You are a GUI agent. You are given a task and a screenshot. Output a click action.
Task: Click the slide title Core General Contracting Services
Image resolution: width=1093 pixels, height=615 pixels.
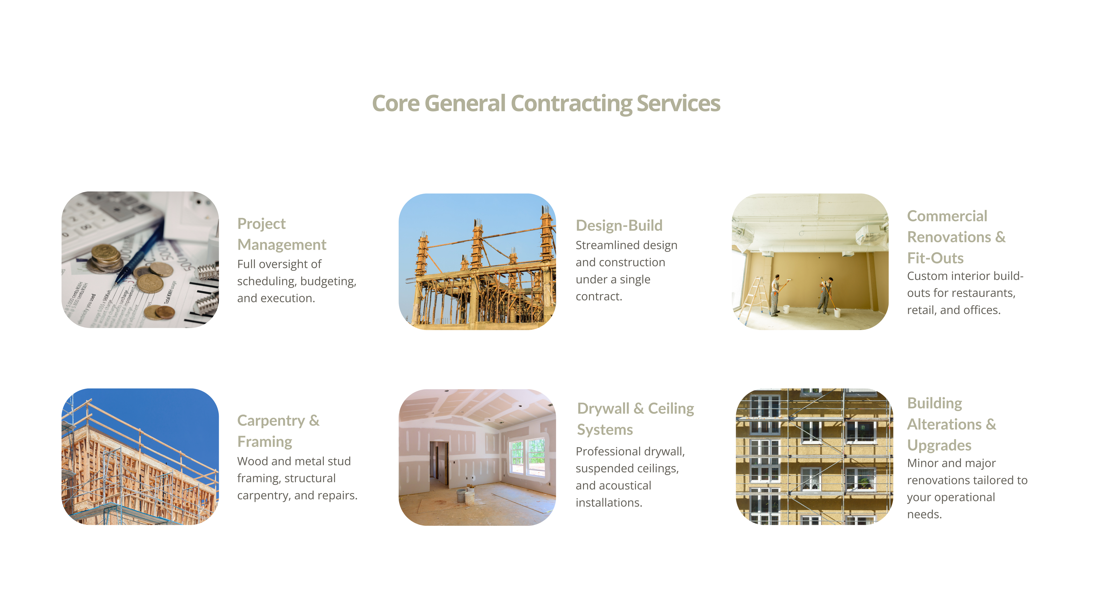(x=546, y=104)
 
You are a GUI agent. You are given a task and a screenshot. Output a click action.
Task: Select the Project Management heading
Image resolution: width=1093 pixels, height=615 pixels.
(x=282, y=234)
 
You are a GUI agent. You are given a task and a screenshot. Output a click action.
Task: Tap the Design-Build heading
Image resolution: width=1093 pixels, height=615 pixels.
(x=619, y=225)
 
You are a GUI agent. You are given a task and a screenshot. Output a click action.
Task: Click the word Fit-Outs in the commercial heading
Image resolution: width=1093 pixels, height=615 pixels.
(x=935, y=258)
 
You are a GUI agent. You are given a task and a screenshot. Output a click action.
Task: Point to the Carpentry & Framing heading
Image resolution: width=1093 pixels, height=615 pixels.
(x=278, y=431)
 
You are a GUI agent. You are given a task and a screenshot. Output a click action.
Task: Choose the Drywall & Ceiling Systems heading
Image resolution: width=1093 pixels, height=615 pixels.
(x=636, y=419)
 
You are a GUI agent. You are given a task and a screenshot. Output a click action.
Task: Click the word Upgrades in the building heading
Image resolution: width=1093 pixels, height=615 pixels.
(x=939, y=445)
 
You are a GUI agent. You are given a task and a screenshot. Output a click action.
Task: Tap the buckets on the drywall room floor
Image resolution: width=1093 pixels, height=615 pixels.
(x=465, y=496)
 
